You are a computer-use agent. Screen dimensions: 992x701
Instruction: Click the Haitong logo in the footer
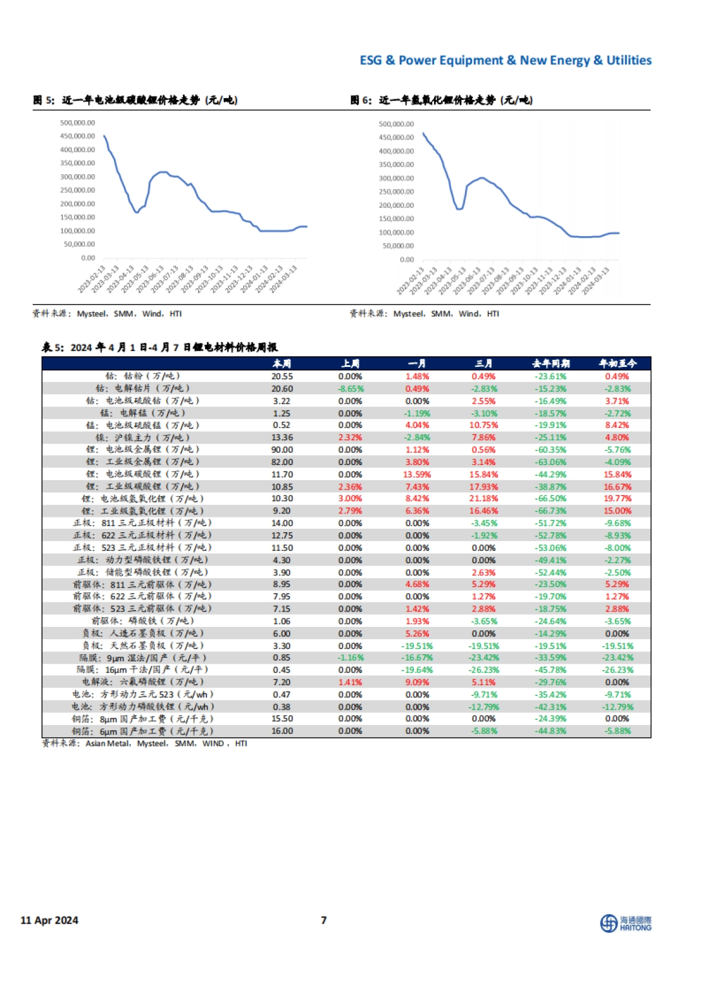(626, 923)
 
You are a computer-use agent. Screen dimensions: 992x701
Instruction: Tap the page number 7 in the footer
(324, 920)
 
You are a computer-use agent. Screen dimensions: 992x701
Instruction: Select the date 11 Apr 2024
(50, 920)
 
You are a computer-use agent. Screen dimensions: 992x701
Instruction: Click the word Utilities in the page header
(629, 60)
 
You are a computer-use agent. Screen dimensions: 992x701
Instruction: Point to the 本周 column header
(282, 363)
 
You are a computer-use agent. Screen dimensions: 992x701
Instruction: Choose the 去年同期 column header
(550, 363)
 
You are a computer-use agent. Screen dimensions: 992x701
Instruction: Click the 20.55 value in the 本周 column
(282, 377)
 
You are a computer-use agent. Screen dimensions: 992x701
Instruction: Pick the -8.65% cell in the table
(350, 389)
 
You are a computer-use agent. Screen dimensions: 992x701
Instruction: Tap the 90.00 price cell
(282, 450)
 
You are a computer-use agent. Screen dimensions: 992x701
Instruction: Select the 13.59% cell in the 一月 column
(417, 474)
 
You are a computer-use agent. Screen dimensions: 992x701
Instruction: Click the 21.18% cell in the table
(484, 498)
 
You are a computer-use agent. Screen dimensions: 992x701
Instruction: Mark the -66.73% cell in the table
(550, 511)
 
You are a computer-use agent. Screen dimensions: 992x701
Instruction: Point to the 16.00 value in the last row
(282, 731)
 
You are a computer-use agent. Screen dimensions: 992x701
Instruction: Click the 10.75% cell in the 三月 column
(484, 425)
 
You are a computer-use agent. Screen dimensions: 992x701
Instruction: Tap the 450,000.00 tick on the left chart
(77, 136)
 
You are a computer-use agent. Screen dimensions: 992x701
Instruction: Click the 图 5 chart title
(135, 100)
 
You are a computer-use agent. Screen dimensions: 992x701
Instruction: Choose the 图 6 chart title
(441, 100)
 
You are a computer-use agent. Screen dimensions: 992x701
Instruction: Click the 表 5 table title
(159, 348)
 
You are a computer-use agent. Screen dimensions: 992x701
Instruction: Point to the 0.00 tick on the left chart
(88, 258)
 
